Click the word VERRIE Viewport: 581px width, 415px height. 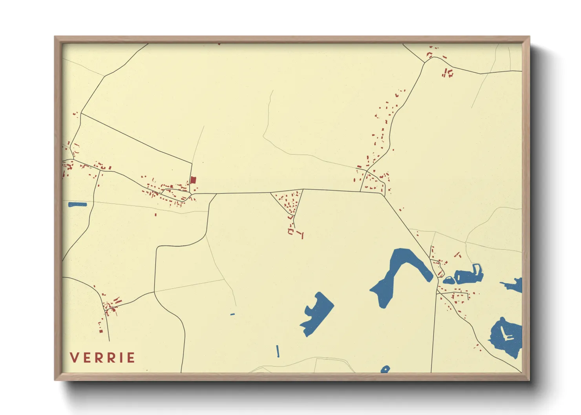102,358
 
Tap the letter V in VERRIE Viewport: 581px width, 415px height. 73,358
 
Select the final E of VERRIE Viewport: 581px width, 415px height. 131,358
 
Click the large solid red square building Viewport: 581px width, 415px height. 193,180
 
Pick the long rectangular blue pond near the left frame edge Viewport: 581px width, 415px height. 77,204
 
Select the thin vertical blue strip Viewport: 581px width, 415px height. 278,351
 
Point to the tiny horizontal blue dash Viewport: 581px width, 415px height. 232,314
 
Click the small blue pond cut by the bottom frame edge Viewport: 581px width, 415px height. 385,369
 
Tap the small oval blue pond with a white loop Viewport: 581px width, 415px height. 448,280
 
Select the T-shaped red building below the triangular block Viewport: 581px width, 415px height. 301,235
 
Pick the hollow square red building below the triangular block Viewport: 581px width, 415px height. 291,231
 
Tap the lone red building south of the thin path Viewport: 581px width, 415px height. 156,215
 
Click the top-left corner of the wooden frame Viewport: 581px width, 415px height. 55,37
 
